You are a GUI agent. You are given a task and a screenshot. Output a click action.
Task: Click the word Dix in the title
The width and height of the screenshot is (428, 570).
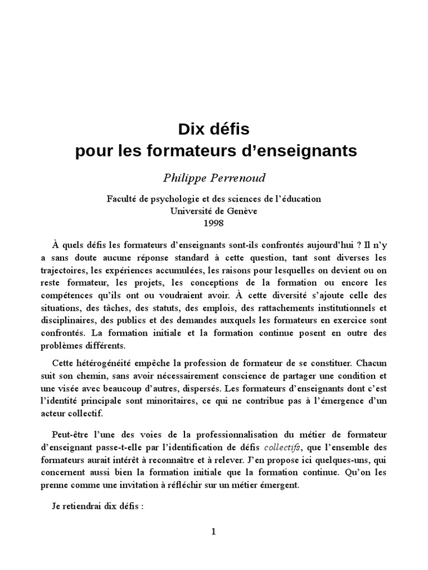click(x=191, y=130)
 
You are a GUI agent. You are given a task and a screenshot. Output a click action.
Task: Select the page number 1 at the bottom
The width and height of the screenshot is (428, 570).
click(x=213, y=532)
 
